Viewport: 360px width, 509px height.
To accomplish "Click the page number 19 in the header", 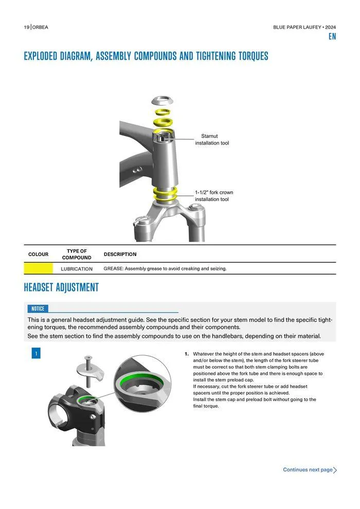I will tap(26, 27).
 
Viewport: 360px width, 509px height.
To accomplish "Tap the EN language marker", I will tap(332, 37).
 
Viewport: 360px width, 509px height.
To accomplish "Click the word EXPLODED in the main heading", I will tap(41, 56).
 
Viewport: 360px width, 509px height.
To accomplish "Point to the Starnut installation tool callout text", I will tap(212, 139).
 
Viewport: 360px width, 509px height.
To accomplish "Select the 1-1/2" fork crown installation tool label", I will tap(213, 196).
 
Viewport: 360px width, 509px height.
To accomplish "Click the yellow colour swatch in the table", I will tap(38, 268).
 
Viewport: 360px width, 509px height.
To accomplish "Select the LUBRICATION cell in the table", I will tap(77, 269).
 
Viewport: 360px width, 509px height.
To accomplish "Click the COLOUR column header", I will tap(38, 254).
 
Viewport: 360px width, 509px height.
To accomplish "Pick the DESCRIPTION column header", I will tap(120, 254).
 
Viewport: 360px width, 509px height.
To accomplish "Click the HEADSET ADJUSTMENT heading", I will tap(61, 287).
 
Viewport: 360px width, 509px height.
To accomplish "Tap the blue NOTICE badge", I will tap(38, 308).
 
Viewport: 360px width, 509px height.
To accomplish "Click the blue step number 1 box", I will tap(36, 354).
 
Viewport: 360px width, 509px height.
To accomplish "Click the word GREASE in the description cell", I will tap(113, 269).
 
